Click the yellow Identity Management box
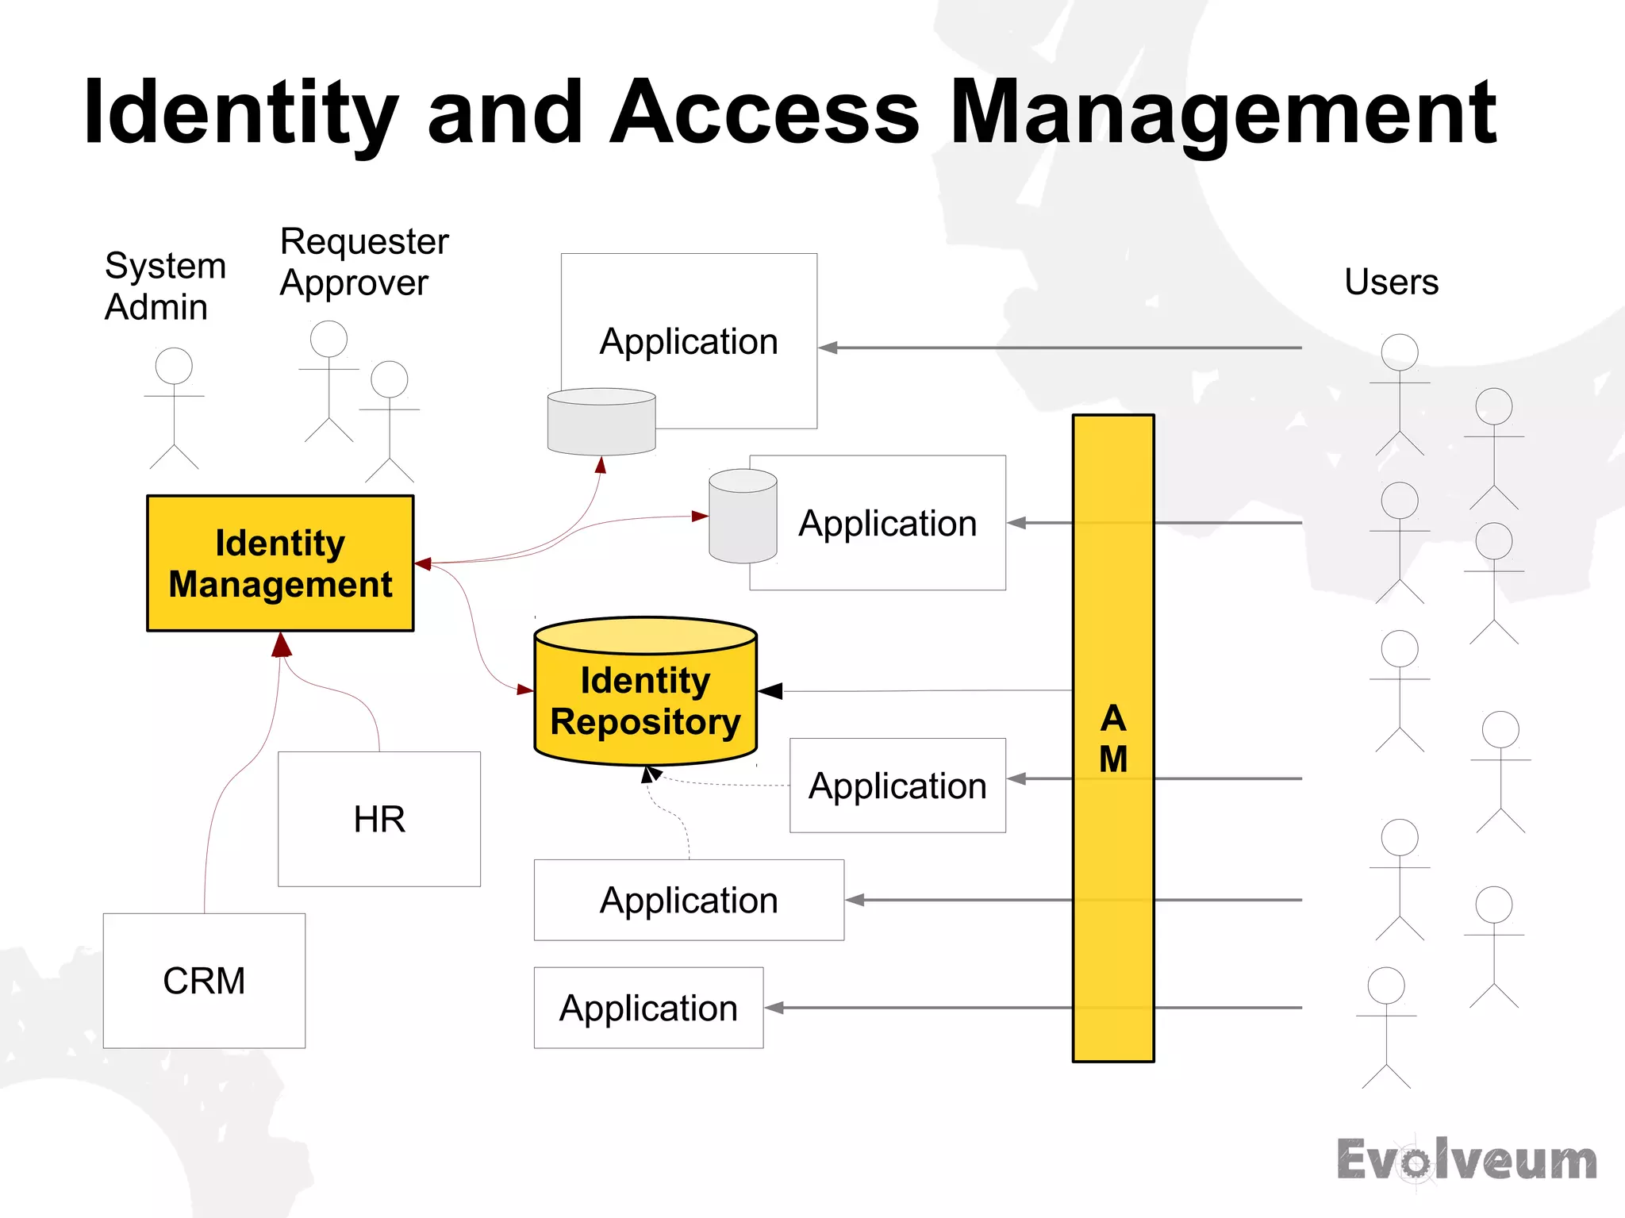click(280, 563)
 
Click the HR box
click(379, 819)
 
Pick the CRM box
click(204, 981)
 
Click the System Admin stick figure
click(174, 408)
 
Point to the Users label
click(1391, 282)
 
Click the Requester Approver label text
click(363, 262)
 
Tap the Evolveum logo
click(1466, 1160)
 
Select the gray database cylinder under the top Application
click(601, 421)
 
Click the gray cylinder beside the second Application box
click(743, 516)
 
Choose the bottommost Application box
click(648, 1008)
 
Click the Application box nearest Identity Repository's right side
click(897, 786)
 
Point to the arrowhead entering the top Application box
click(828, 348)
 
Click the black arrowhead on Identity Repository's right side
click(770, 691)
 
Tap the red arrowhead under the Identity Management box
click(282, 644)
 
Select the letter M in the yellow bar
click(1112, 759)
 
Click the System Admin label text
click(164, 286)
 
